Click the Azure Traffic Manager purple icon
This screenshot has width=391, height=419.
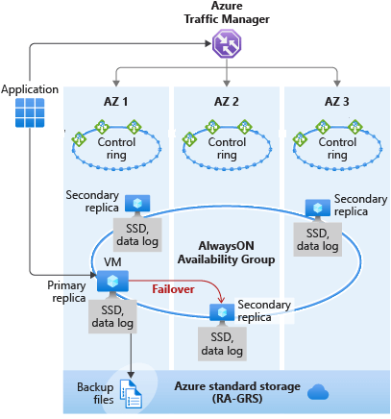(x=227, y=43)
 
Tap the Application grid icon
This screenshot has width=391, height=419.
(x=30, y=112)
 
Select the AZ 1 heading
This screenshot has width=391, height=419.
(x=115, y=102)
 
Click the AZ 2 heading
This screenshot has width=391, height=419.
(x=227, y=102)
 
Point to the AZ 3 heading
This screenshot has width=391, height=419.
(x=336, y=102)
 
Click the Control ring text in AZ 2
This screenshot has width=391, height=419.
(x=227, y=148)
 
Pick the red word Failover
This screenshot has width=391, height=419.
(x=173, y=289)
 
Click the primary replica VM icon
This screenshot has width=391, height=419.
(x=112, y=282)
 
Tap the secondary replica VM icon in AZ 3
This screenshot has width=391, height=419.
(x=318, y=209)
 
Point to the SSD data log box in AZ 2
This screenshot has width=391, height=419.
(x=222, y=344)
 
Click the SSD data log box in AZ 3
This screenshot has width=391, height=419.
(x=318, y=239)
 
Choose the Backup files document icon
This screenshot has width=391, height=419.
(x=131, y=394)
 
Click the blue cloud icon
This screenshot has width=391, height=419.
(x=318, y=392)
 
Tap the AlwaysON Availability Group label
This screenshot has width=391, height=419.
(x=227, y=253)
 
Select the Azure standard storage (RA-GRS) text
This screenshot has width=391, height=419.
(x=237, y=392)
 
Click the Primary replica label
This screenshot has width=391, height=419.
(x=66, y=291)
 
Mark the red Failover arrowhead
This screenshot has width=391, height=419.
(x=221, y=300)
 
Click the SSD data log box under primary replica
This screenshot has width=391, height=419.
(x=112, y=316)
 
